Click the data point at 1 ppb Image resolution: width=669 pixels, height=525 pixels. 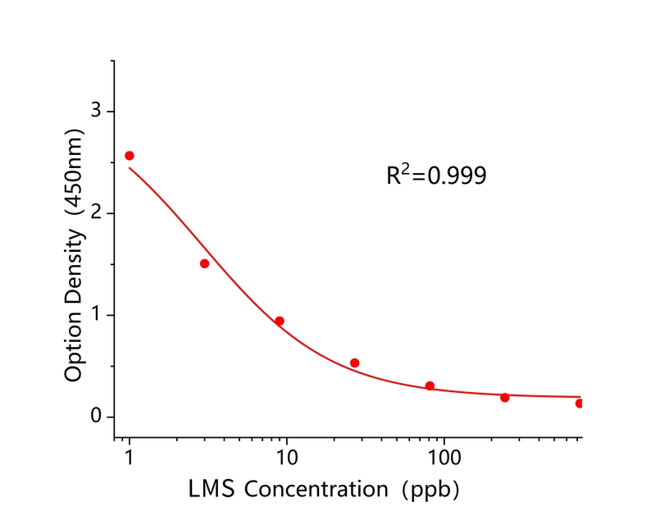[129, 156]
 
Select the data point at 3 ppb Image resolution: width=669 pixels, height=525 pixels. [204, 263]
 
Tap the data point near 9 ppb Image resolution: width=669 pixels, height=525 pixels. [280, 321]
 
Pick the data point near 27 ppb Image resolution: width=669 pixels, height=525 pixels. [354, 363]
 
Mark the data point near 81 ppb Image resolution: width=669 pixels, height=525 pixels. [430, 386]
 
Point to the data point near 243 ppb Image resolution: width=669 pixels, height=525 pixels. [504, 397]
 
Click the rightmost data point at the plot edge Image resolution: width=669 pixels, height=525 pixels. [579, 403]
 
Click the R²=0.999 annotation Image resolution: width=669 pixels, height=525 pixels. [436, 175]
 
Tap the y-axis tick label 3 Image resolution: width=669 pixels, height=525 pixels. [96, 112]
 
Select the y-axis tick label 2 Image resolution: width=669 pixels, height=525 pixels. [96, 213]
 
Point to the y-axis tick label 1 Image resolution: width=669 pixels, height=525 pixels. [96, 315]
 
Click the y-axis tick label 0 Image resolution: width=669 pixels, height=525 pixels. [96, 417]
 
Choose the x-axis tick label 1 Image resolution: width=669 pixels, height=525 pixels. [129, 455]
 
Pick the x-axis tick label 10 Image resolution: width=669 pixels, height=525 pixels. [286, 455]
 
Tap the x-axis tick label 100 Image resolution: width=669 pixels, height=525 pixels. [444, 455]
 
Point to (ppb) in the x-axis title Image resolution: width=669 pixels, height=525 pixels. [427, 490]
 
